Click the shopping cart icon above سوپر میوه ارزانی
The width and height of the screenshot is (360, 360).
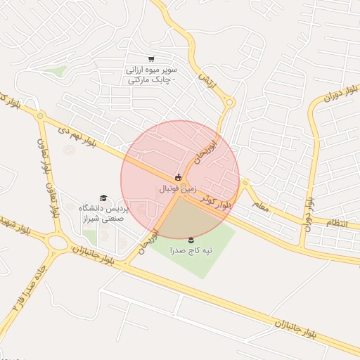[x=150, y=59]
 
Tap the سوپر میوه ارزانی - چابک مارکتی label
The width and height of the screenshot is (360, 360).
[x=151, y=75]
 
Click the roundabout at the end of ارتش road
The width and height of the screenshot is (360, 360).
[x=229, y=103]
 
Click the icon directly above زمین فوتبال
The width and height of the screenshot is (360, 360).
[x=178, y=178]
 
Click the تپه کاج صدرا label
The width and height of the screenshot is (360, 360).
[x=191, y=250]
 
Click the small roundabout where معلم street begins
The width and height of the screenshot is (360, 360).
[x=244, y=184]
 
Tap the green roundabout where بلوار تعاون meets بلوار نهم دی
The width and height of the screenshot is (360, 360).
[x=41, y=116]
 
